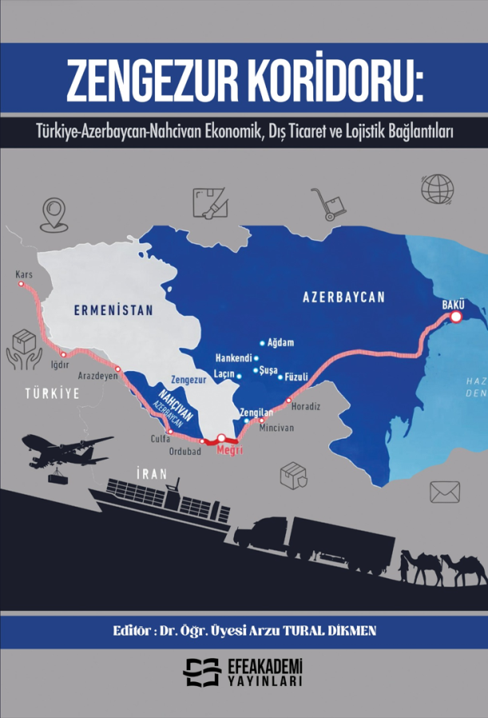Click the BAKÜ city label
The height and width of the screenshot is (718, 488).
pyautogui.click(x=453, y=304)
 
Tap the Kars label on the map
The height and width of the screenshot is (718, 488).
pyautogui.click(x=23, y=274)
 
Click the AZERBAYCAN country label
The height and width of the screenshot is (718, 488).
pyautogui.click(x=343, y=297)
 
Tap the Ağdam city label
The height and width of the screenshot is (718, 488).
pyautogui.click(x=281, y=343)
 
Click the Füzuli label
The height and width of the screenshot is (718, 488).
pyautogui.click(x=296, y=377)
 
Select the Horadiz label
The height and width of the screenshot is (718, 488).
pyautogui.click(x=306, y=407)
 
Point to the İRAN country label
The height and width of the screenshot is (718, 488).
pyautogui.click(x=151, y=473)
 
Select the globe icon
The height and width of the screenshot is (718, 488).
pyautogui.click(x=438, y=189)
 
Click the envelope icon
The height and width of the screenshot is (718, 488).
pyautogui.click(x=445, y=491)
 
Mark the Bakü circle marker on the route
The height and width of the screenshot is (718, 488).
pyautogui.click(x=456, y=318)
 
